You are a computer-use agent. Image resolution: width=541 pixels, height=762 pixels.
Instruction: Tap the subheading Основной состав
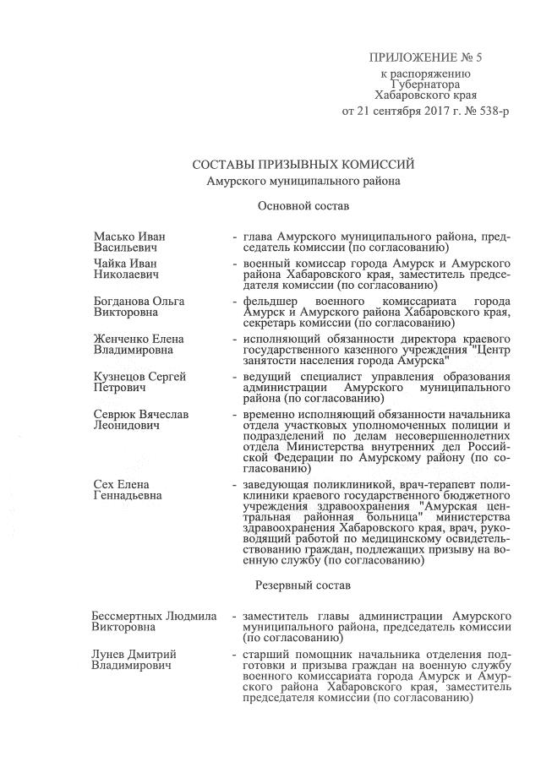[303, 205]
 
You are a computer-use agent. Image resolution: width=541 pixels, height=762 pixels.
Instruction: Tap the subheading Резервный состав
[302, 584]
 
